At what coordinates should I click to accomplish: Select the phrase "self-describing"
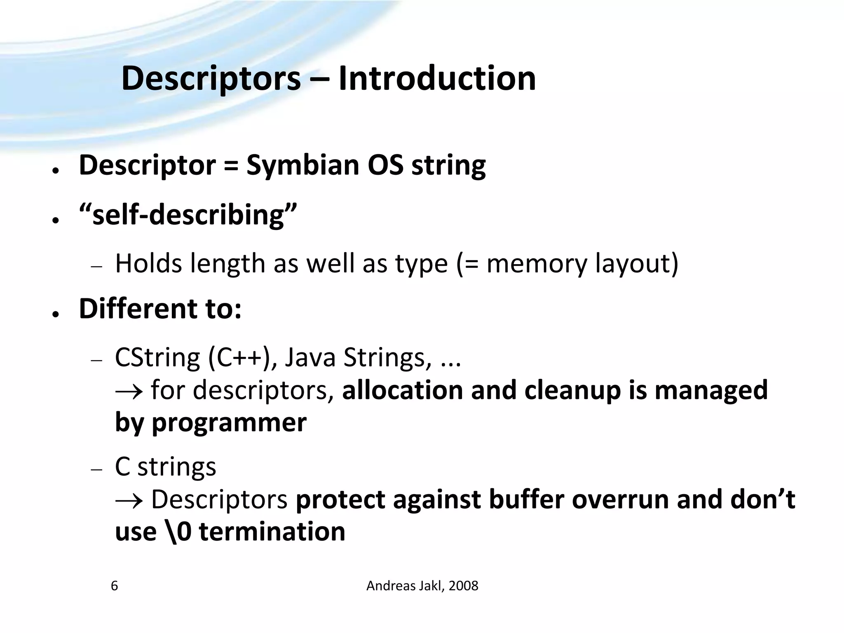coord(188,215)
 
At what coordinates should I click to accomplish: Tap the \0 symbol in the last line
coord(181,532)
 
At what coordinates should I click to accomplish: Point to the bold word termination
coord(272,532)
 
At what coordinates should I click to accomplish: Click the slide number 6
coord(115,586)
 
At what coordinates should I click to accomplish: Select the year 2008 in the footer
coord(463,586)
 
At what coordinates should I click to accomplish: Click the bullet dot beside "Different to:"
coord(54,314)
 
